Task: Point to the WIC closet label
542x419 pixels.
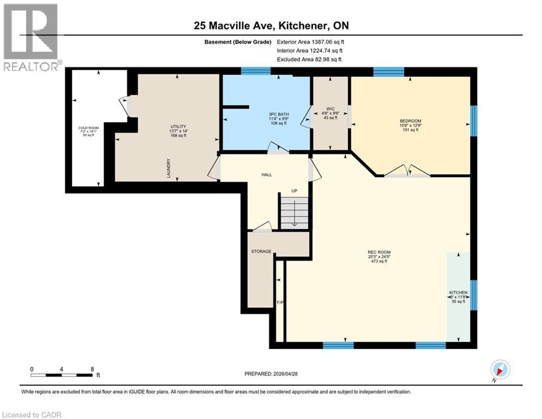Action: [x=330, y=109]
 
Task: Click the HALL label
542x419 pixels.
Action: [x=266, y=175]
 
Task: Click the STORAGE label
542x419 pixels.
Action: [x=261, y=252]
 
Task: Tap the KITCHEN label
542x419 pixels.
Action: [x=458, y=292]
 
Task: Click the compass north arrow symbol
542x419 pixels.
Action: [x=500, y=369]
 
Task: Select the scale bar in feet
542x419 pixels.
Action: [x=62, y=375]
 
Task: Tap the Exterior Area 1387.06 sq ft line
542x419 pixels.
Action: [x=310, y=41]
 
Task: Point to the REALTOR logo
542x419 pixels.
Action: [x=31, y=37]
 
